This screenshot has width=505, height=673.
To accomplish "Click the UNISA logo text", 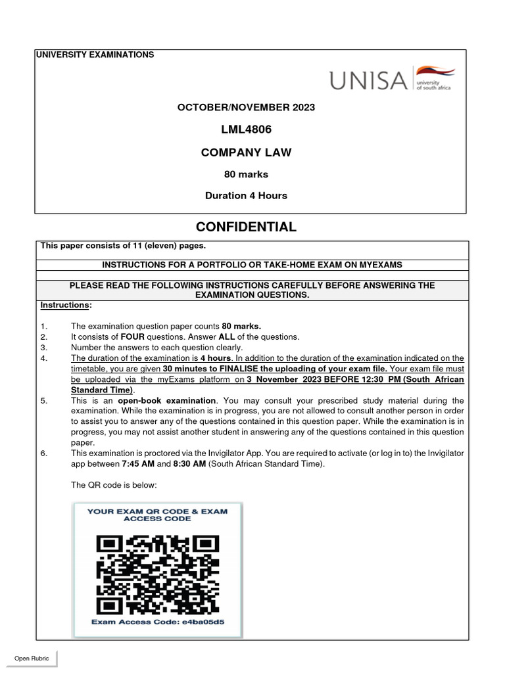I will (x=368, y=80).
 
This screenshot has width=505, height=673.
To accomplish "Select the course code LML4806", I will (x=246, y=129).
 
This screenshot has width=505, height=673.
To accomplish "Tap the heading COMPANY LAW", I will (x=246, y=153).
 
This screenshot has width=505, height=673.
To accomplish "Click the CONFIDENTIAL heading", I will (x=246, y=227).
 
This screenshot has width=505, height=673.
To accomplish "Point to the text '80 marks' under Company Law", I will (x=246, y=174).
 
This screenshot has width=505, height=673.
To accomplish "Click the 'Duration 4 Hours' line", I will (x=246, y=195).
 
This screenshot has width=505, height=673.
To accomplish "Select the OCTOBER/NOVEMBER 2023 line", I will (x=246, y=107).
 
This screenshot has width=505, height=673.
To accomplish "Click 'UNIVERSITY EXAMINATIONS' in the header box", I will (x=97, y=55).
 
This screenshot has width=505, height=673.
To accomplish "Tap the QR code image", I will (x=158, y=572).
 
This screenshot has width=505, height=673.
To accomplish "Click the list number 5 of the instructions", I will (x=43, y=400).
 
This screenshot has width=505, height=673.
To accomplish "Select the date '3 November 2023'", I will (x=287, y=379).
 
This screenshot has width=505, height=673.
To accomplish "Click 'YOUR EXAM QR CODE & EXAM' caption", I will (x=157, y=511).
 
